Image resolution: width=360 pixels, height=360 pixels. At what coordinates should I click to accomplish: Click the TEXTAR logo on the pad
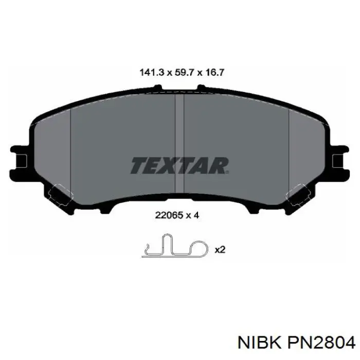[x=179, y=165]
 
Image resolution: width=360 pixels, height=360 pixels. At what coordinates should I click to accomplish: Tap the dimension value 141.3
[x=152, y=73]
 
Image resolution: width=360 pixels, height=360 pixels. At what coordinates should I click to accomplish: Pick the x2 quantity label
[x=220, y=249]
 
